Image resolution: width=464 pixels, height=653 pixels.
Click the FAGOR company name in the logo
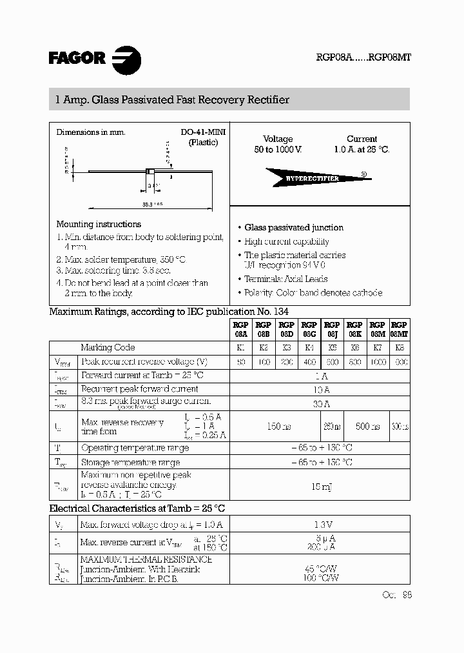[x=77, y=58]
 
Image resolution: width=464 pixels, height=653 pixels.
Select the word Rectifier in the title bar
[x=266, y=100]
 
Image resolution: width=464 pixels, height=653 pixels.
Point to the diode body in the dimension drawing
[x=150, y=172]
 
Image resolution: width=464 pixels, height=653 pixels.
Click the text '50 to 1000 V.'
[x=278, y=149]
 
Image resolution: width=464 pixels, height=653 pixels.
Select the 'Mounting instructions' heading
[x=99, y=225]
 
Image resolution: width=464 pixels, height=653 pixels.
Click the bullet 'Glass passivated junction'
[x=294, y=228]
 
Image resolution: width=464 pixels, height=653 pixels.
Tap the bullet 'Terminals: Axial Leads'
[x=286, y=279]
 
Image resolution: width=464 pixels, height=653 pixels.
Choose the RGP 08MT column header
[x=399, y=330]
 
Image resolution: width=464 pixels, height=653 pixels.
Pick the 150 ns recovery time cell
[x=274, y=427]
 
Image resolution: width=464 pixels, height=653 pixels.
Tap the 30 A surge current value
[x=320, y=404]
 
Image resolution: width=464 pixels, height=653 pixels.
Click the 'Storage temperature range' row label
[x=131, y=463]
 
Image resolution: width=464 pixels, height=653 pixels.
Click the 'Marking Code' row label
[x=108, y=348]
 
